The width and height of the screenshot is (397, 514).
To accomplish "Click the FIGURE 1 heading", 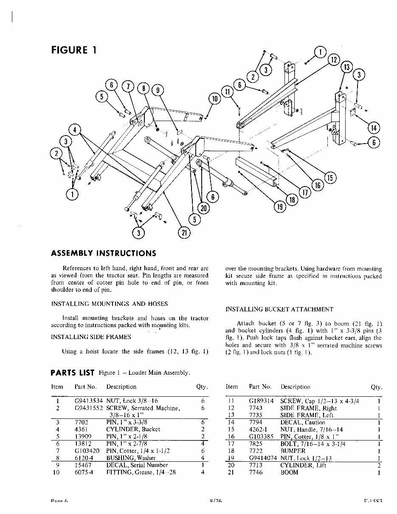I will point(74,50).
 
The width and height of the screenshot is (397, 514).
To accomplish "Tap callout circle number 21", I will point(184,232).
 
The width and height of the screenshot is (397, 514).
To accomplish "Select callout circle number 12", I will point(334,59).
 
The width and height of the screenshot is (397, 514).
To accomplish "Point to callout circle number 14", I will point(374,128).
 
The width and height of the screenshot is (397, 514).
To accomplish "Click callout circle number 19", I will point(280,207).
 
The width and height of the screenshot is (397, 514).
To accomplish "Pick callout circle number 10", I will point(214,99).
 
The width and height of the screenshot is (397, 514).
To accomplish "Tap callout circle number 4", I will point(74,130).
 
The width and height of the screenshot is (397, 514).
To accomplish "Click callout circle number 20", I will point(203,208).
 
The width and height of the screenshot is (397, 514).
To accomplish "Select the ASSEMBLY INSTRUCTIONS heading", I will point(103,254).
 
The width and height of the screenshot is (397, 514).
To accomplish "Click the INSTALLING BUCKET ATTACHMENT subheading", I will point(279,309).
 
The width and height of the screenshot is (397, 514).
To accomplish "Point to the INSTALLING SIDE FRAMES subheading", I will point(91,337).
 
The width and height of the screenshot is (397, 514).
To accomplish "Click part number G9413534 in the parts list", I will point(89,401).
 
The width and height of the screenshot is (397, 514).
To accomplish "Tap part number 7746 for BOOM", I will point(255,472).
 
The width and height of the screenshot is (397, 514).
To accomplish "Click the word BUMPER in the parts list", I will point(293,451).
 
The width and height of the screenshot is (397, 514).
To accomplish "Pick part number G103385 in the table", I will point(261,437).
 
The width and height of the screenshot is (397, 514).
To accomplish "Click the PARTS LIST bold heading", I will point(72,373).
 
